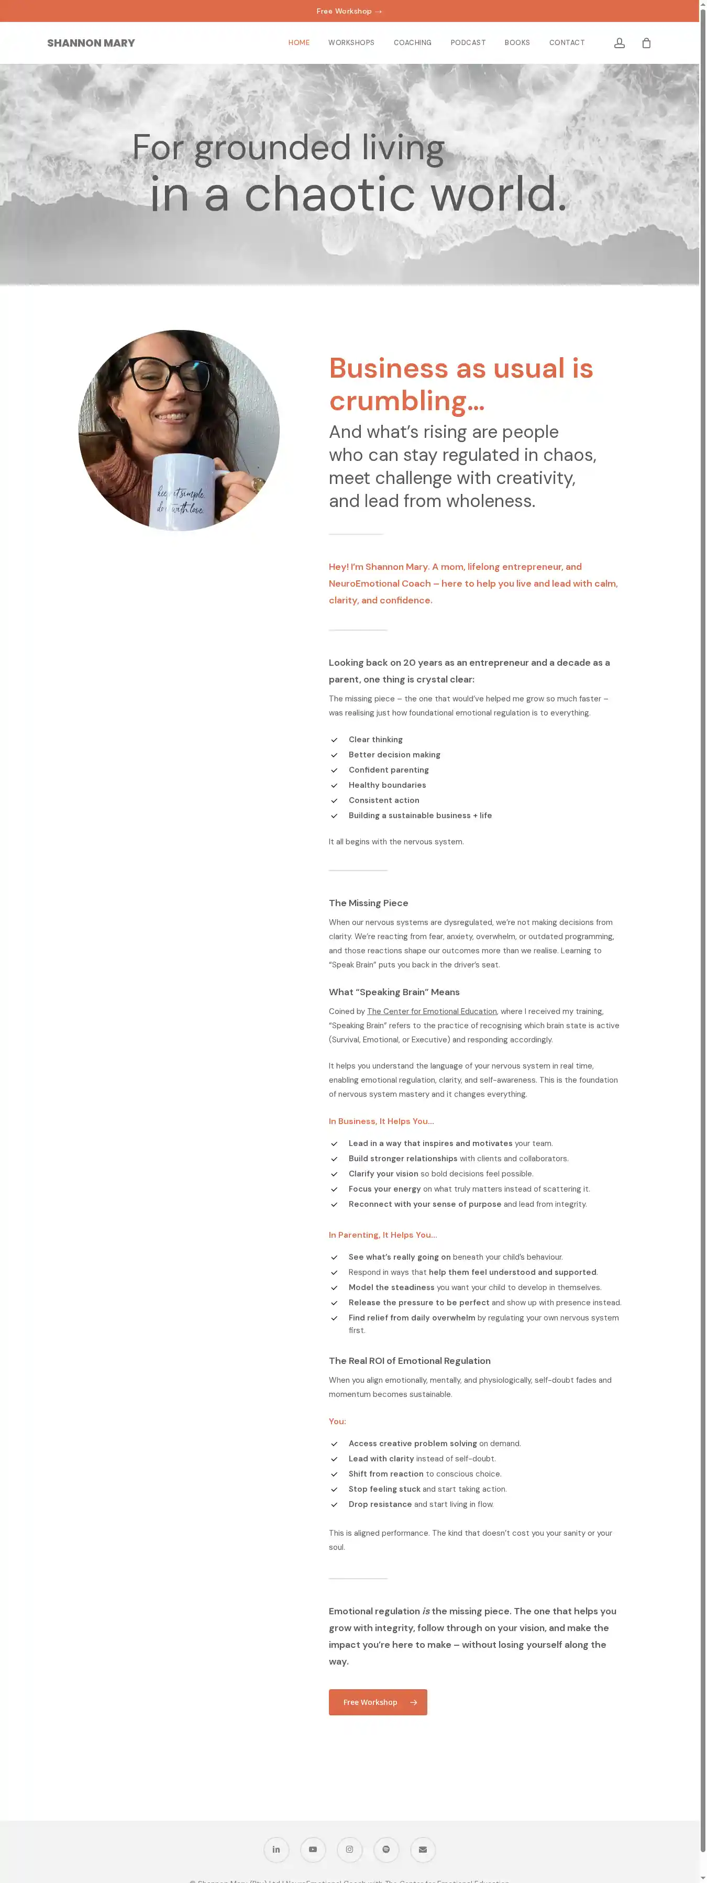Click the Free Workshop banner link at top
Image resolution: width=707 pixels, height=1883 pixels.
pos(349,11)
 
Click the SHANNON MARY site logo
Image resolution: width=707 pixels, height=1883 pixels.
pos(91,43)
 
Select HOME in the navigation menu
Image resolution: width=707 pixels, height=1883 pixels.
pos(299,43)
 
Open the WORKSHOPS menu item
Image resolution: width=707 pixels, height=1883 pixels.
pos(351,43)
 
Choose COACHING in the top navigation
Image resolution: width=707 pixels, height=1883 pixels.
pos(412,43)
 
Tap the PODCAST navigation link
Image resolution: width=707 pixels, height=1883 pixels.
pos(468,43)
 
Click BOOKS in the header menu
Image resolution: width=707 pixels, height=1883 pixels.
pos(517,43)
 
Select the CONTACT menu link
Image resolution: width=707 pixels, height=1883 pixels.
pos(567,43)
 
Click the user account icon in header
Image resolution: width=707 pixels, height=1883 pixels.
pos(619,43)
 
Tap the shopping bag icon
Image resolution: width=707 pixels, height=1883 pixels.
pos(646,43)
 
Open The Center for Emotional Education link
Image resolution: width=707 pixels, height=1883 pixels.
pos(432,1011)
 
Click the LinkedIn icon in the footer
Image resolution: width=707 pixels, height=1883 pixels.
pos(277,1849)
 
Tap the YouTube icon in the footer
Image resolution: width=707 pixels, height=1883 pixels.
pos(313,1849)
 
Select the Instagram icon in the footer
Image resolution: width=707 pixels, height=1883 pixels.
pos(349,1849)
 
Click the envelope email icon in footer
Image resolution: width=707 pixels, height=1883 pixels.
pos(423,1849)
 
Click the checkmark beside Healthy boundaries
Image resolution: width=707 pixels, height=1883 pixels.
pos(334,786)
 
